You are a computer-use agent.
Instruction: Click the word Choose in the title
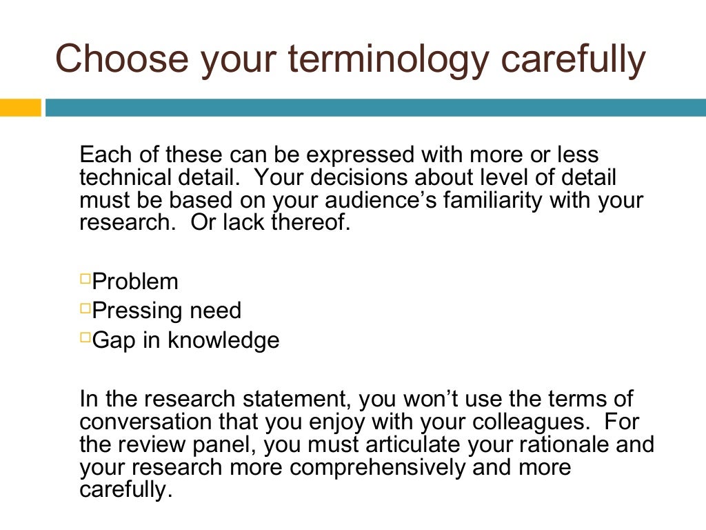tap(121, 59)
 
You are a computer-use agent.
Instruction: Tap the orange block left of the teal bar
tap(21, 108)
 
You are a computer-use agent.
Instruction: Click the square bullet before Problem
tap(85, 279)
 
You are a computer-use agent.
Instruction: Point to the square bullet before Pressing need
tap(85, 308)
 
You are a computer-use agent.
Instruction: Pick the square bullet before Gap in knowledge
tap(85, 337)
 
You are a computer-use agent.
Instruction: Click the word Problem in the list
tap(135, 282)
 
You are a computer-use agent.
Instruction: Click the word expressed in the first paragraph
tap(342, 155)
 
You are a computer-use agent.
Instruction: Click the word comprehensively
tap(378, 469)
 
